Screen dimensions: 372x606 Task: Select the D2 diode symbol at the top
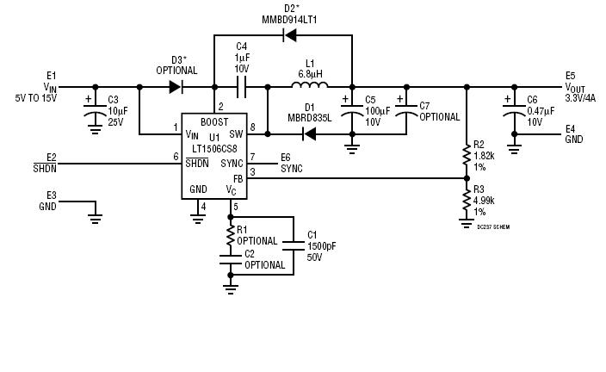tap(289, 35)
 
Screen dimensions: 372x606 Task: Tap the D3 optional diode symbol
tap(176, 87)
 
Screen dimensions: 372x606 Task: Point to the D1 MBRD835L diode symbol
tap(307, 133)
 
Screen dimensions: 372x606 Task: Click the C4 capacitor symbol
tap(242, 87)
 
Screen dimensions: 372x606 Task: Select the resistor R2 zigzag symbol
tap(467, 156)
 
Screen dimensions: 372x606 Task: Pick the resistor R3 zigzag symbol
tap(467, 201)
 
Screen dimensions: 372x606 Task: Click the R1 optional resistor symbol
tap(231, 234)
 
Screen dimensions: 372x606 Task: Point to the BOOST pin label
tap(214, 121)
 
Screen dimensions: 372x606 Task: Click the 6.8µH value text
tap(311, 72)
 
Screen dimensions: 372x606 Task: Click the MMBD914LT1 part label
tap(289, 19)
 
